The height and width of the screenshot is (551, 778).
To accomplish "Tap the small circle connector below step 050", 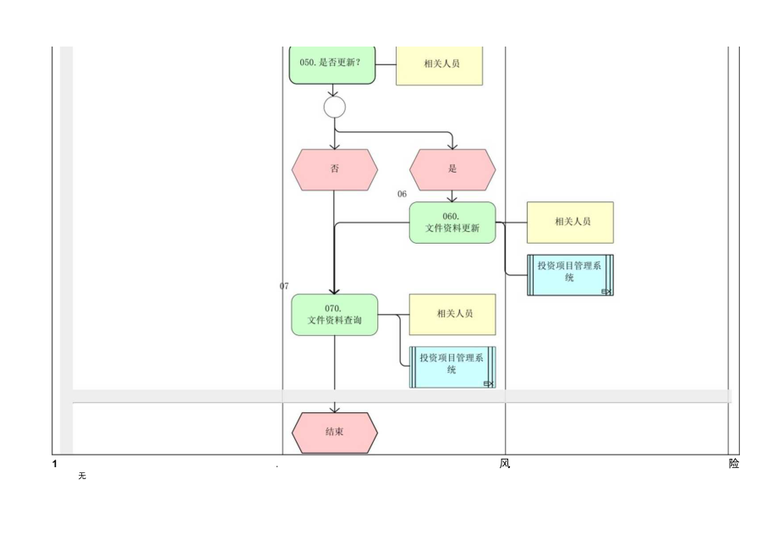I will click(335, 107).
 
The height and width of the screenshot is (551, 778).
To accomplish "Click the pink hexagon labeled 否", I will click(335, 169).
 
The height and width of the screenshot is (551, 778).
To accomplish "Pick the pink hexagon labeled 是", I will click(452, 169).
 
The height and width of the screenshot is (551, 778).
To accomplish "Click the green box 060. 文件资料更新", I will click(452, 223).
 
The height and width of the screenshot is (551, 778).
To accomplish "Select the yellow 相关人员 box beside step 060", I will click(570, 223).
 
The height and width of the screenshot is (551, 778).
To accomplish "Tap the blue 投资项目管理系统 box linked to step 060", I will click(570, 274).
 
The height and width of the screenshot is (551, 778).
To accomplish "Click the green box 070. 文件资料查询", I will click(335, 315).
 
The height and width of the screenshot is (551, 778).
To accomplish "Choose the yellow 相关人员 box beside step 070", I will click(452, 315).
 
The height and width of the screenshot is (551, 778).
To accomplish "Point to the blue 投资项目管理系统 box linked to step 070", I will click(452, 366).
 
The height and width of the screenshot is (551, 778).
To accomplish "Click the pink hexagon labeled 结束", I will click(335, 433).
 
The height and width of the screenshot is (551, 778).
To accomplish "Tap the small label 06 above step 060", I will click(403, 195).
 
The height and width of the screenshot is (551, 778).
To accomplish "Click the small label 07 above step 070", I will click(284, 286).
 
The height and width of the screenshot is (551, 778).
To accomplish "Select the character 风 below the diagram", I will click(505, 464).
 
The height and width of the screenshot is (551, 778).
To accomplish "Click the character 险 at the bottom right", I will click(733, 464).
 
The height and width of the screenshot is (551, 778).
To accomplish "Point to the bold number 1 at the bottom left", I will click(55, 465).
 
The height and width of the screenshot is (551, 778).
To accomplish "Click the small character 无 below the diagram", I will click(82, 477).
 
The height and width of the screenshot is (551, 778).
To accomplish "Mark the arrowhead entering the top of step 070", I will click(335, 290).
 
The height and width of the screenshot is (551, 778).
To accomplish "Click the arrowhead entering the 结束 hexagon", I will click(335, 409).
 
